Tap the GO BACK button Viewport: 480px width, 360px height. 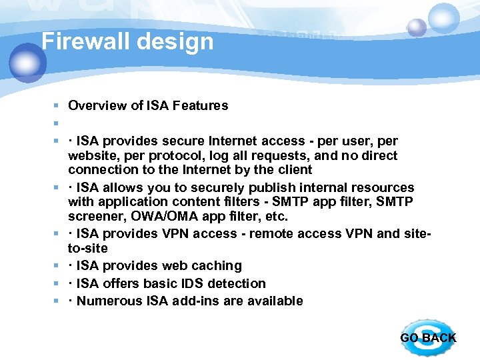(427, 337)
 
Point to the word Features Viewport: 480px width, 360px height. (200, 105)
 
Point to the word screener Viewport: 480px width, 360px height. (93, 217)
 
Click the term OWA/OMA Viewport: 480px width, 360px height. (160, 217)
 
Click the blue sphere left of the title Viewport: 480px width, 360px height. (27, 63)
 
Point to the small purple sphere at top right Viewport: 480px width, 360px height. (417, 27)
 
